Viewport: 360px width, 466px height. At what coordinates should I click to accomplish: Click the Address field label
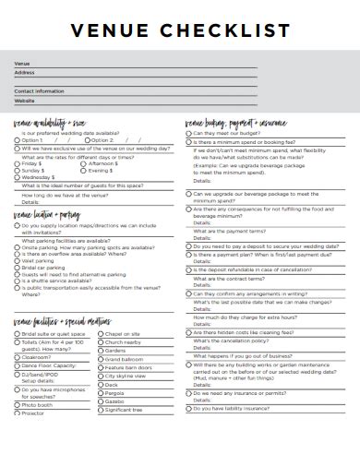pos(24,72)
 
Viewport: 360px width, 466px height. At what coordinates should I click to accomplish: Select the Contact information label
pos(39,91)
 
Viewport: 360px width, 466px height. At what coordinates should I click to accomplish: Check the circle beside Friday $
pos(16,162)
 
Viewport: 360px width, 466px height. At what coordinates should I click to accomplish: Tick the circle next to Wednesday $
pos(16,176)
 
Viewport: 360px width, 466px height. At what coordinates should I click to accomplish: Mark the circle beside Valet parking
pos(16,261)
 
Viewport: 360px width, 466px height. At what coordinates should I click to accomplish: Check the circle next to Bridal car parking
pos(16,268)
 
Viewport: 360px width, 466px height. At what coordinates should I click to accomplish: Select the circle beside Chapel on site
pos(99,333)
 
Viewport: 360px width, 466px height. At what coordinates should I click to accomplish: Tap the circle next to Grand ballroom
pos(99,359)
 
